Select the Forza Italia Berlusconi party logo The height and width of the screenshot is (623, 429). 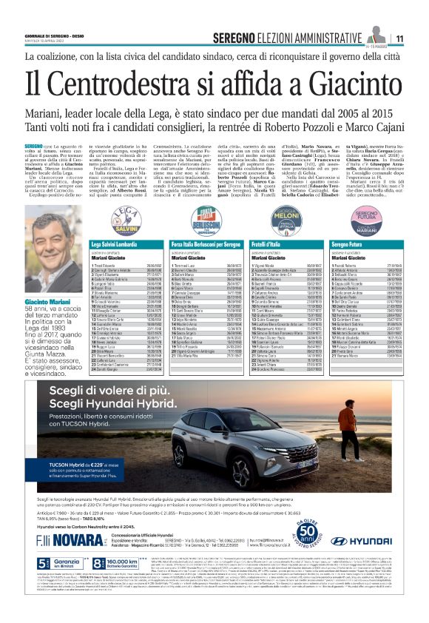coord(191,219)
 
